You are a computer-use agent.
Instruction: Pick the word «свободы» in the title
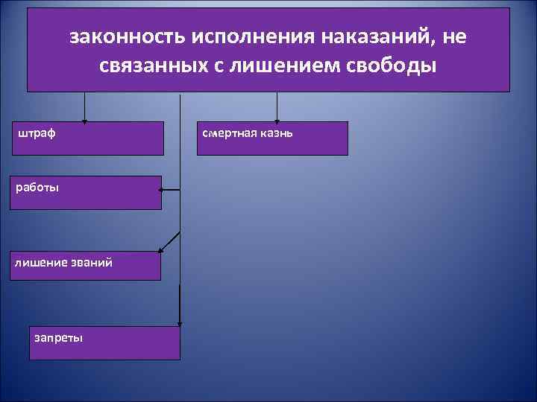point(392,66)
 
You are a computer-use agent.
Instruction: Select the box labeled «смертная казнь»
point(272,138)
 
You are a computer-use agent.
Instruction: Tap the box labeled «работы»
point(86,192)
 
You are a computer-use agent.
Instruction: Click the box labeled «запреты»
point(104,342)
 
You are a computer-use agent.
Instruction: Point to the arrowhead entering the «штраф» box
point(84,119)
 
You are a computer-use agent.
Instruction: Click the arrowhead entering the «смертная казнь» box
point(277,119)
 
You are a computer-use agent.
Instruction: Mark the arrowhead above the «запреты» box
point(180,322)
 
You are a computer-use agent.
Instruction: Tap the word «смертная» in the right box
point(229,133)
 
